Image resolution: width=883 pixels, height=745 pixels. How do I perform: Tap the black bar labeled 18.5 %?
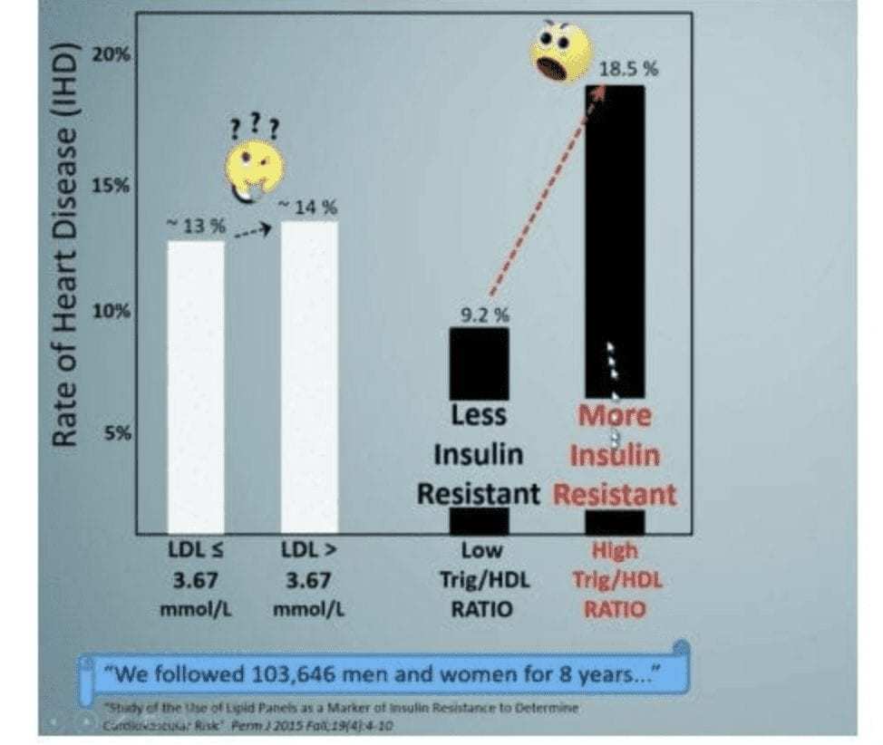pos(614,227)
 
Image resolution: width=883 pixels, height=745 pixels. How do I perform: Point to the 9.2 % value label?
pos(485,315)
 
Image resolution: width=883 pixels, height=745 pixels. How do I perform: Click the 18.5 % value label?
pos(627,70)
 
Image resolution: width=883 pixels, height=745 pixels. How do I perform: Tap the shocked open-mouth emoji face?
pos(561,53)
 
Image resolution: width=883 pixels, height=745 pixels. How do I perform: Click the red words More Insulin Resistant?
pos(615,454)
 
